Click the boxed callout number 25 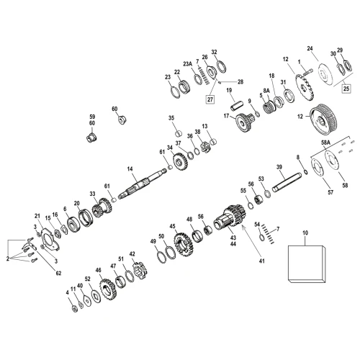(346, 89)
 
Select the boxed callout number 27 (210, 99)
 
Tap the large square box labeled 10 (307, 264)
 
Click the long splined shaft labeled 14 (142, 184)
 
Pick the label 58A (325, 143)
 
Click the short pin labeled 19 (237, 106)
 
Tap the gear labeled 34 (180, 162)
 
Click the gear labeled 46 (108, 290)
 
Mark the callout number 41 (262, 261)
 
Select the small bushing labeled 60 (122, 120)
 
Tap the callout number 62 (58, 273)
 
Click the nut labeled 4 (75, 309)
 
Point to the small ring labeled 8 (306, 172)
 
